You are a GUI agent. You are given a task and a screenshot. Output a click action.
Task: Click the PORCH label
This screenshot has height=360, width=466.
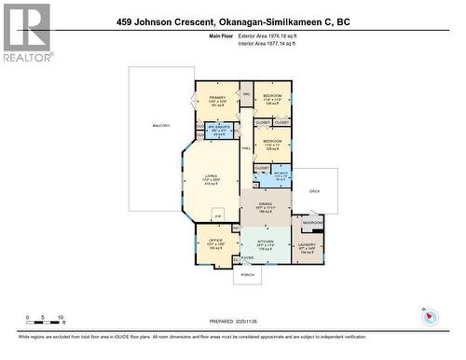(x=249, y=275)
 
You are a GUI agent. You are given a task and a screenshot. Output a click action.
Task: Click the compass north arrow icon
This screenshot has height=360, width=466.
(x=431, y=316)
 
